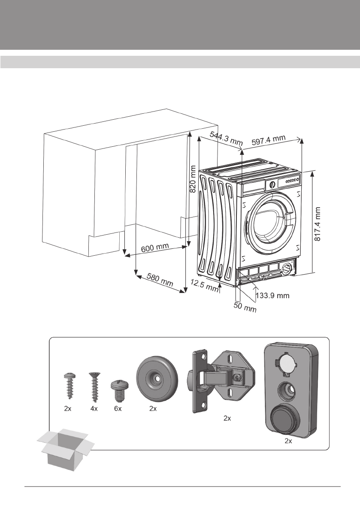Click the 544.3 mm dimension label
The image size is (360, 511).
(x=226, y=139)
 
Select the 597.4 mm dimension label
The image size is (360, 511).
(x=269, y=139)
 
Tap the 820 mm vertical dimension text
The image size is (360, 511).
(x=193, y=179)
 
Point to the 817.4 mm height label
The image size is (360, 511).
(x=318, y=224)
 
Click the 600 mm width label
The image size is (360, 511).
(x=155, y=248)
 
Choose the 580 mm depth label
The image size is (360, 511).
(x=160, y=280)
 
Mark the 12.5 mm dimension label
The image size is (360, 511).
(x=204, y=285)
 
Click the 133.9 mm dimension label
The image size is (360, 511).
(x=273, y=296)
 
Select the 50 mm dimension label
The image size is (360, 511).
(x=245, y=307)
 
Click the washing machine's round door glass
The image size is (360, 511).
(x=271, y=220)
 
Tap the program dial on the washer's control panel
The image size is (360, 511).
(x=272, y=185)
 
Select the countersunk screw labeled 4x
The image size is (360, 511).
(x=94, y=387)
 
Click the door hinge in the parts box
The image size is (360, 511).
(x=221, y=380)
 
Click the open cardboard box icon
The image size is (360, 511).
(x=66, y=449)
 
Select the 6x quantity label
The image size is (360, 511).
(x=118, y=408)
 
